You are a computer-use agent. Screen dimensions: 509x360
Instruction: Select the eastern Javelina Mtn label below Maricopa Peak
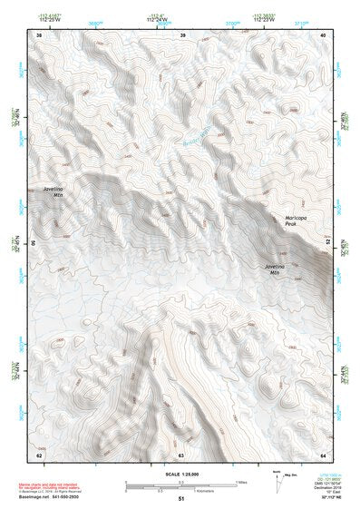[x=281, y=268]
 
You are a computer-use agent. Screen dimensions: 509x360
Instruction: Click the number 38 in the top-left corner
[x=38, y=34]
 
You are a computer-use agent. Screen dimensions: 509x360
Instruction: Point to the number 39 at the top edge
[x=182, y=34]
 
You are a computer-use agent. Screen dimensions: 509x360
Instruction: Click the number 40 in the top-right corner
[x=324, y=34]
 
